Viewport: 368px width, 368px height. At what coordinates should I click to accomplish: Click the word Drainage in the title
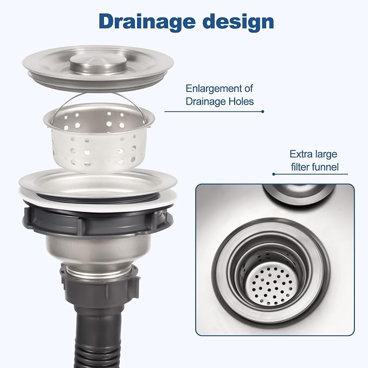(147, 22)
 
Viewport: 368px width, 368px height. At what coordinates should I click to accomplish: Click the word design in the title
(238, 22)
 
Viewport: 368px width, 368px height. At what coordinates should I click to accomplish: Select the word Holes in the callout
(241, 101)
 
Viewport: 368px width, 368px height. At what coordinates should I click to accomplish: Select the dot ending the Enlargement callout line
(263, 112)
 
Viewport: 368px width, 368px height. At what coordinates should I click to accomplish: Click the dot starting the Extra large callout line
(274, 174)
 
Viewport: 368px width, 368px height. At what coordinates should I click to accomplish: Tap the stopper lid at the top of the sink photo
(299, 193)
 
